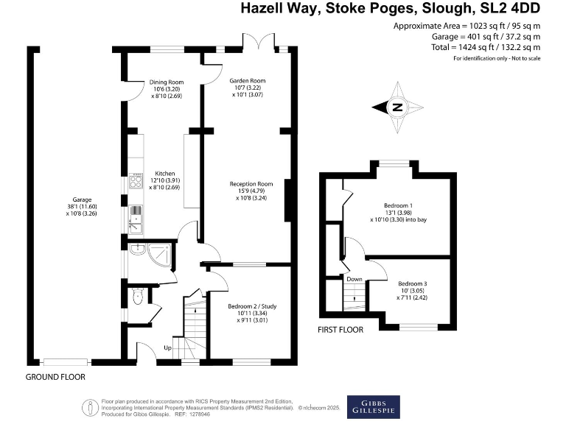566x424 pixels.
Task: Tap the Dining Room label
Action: tap(166, 82)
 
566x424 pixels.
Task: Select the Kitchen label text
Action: tap(164, 173)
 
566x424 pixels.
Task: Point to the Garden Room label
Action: tap(248, 80)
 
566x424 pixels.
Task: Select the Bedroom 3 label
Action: tap(413, 283)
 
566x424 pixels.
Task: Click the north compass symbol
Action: tap(398, 108)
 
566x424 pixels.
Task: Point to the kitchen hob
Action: tap(136, 180)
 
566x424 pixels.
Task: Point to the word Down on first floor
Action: tap(354, 279)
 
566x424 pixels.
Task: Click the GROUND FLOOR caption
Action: tap(55, 377)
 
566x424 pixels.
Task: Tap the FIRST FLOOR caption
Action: tap(340, 330)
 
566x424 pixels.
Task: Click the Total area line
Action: tap(466, 46)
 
